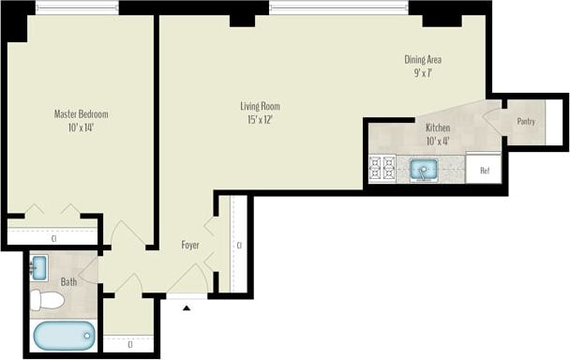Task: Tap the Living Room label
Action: (260, 106)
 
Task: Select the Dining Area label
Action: (423, 60)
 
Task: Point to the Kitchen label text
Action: (438, 127)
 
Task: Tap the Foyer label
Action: (190, 245)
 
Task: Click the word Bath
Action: (69, 280)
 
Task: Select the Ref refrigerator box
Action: (485, 170)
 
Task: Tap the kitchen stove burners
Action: (382, 168)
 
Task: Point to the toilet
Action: (46, 300)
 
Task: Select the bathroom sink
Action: (38, 268)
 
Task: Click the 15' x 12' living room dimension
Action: (260, 119)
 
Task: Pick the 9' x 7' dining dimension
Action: (423, 73)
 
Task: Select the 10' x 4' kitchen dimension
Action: (438, 141)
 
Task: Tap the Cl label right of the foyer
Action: (239, 246)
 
